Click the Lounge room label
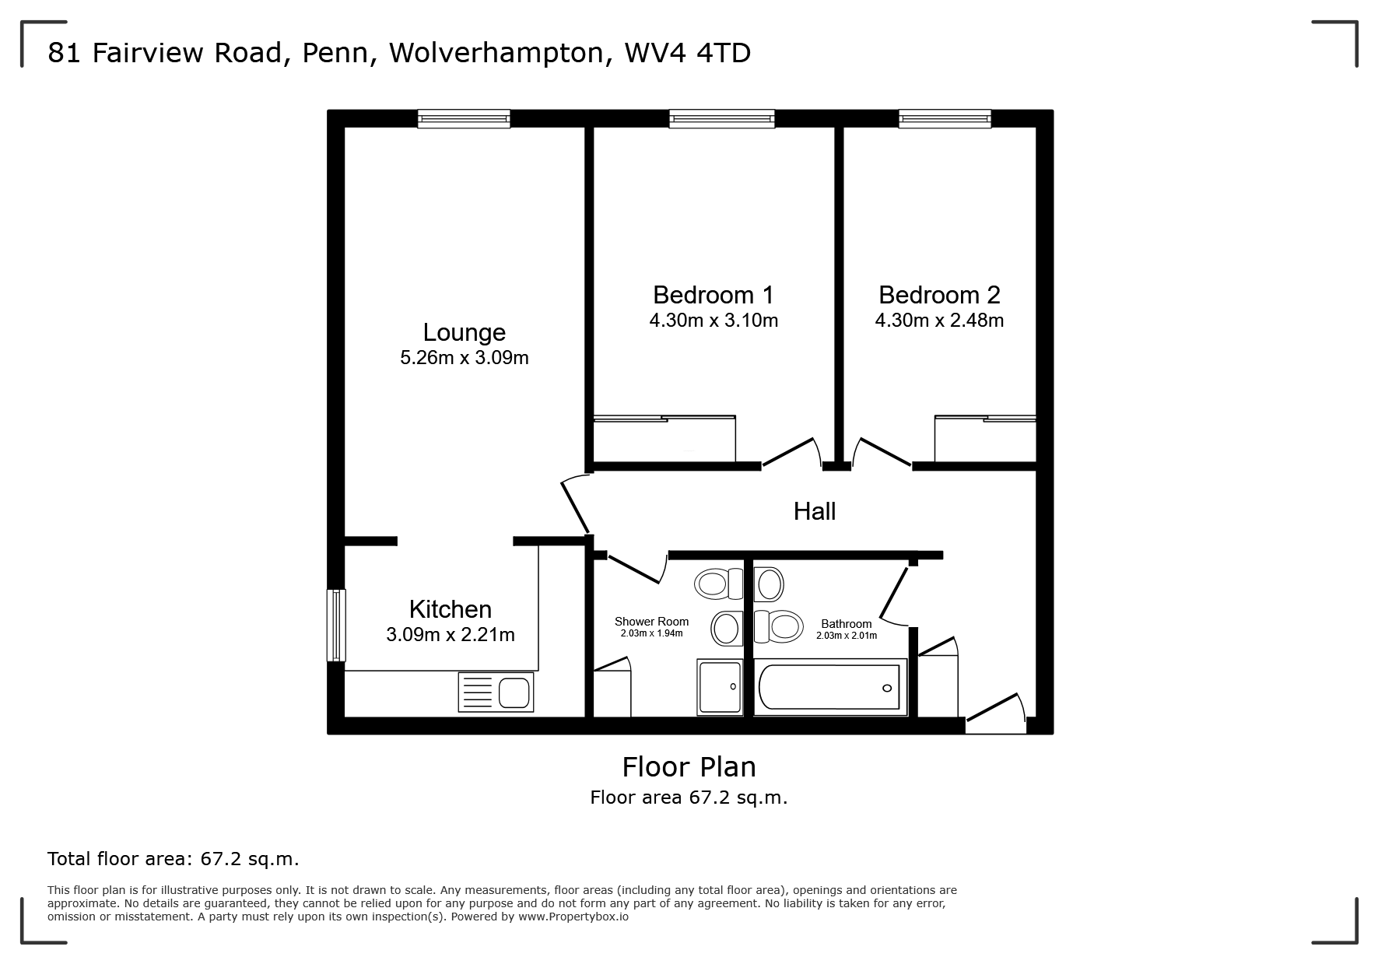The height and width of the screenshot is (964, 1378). tap(464, 332)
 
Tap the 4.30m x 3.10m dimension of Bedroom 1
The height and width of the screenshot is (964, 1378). tap(714, 321)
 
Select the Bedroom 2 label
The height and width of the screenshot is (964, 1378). tap(939, 295)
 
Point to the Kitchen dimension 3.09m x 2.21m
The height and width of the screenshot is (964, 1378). tap(450, 635)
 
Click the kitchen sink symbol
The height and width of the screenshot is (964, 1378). tap(496, 692)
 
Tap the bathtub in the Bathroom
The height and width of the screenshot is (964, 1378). tap(830, 688)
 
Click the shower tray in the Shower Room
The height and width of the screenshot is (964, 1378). tap(720, 687)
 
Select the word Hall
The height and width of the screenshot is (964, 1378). tap(815, 511)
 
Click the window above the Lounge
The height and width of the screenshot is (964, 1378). tap(464, 118)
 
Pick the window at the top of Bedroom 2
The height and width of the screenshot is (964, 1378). tap(945, 118)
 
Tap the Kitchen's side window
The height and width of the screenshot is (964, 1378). tap(336, 625)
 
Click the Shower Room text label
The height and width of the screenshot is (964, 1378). tap(651, 622)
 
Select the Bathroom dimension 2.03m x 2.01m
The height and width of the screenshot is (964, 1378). tap(846, 636)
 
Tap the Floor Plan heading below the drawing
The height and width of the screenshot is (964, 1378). tap(689, 767)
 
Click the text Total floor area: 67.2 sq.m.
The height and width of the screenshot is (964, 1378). tap(173, 859)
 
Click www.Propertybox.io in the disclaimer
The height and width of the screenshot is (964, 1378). tap(573, 917)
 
